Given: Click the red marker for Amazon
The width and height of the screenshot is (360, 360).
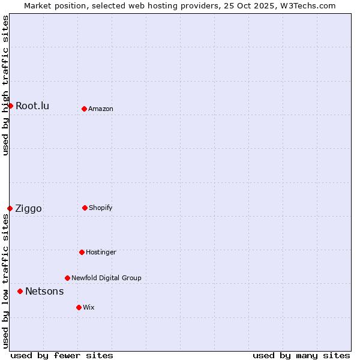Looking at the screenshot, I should pos(84,109).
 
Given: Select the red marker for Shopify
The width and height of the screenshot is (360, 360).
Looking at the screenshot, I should pos(85,208).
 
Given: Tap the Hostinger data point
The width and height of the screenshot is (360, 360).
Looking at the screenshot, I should pos(82,252).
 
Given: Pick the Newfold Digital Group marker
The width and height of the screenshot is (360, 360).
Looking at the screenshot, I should pos(67,278).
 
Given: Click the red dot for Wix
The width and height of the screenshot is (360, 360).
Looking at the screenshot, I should pos(79,307).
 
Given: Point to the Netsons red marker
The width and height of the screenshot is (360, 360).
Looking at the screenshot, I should pos(20,291).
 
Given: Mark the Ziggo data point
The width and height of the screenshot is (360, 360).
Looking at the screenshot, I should pos(10,208).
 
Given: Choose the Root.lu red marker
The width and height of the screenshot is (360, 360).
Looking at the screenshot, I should pos(10,106).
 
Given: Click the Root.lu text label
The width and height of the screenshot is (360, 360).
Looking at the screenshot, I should pos(32,106).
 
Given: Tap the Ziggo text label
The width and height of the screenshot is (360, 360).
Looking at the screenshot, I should pos(28,209).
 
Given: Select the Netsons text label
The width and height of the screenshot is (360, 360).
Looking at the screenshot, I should pos(44,292).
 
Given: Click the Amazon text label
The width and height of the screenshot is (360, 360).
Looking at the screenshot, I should pos(101,109).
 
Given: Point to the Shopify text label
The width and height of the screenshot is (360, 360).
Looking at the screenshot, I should pos(101,208).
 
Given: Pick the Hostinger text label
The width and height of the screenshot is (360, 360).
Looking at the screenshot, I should pos(101,253).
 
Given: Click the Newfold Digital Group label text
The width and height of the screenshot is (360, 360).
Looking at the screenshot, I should pos(106,278).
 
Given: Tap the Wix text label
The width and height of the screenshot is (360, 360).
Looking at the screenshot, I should pos(89,308).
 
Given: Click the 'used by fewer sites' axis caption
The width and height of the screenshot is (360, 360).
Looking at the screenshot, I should pos(62,355).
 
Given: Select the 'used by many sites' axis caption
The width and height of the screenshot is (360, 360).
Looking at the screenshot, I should pos(301,355).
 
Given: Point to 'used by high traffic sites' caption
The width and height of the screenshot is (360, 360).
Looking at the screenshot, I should pos(5,85).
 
